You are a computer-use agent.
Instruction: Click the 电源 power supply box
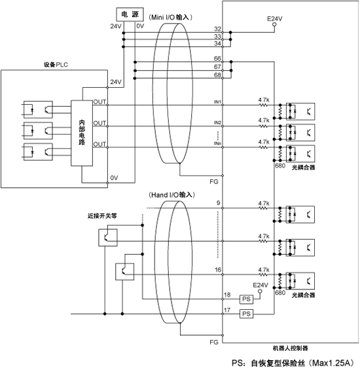pos(130,14)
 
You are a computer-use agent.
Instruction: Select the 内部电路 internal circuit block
pos(82,133)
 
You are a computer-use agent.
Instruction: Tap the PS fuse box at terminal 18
pos(246,299)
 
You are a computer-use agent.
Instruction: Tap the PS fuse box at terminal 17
pos(246,314)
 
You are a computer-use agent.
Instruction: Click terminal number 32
pos(217,29)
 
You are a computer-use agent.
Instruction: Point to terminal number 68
pos(217,75)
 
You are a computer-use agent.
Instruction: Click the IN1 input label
pos(217,102)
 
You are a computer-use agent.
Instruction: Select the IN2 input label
pos(217,122)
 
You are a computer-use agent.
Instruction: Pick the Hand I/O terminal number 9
pos(219,203)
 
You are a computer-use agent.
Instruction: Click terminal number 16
pos(218,270)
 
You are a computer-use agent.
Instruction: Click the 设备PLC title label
pos(56,65)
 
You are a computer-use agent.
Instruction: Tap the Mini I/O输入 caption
pos(170,17)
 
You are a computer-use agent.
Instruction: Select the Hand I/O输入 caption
pos(171,195)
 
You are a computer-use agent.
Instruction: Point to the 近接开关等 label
pos(102,216)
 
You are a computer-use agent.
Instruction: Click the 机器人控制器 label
pos(290,348)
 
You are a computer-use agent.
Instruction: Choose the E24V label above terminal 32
pos(275,18)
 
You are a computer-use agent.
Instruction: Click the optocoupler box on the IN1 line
pos(300,111)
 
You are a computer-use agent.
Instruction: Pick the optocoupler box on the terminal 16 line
pos(300,281)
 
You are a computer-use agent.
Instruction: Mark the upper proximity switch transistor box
pos(108,238)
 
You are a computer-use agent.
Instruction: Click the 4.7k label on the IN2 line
pos(264,120)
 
